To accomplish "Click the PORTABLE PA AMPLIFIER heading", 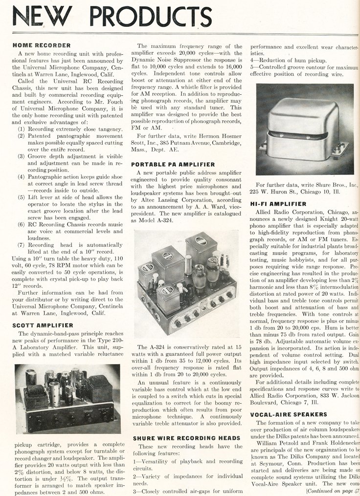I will [173, 164].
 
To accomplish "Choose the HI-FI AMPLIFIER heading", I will [278, 203].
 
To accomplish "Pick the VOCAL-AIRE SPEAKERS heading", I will [284, 414].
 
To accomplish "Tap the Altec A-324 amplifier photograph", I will [187, 284].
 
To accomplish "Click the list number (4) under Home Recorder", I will [22, 177].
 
